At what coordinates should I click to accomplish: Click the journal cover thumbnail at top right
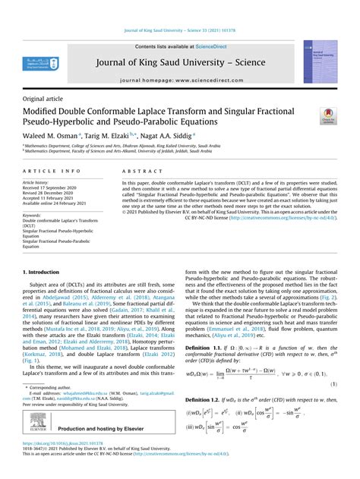coord(320,61)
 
